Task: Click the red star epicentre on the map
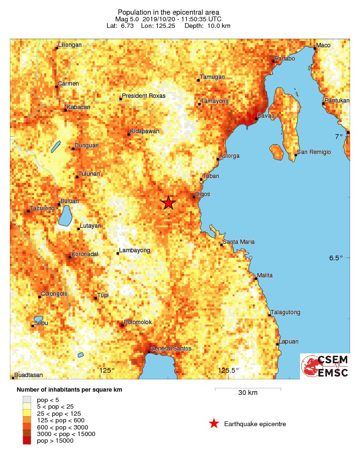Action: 168,203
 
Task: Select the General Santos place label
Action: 171,349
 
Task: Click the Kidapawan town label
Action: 145,131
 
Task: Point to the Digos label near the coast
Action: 202,194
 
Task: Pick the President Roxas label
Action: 144,96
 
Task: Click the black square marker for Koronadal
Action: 70,257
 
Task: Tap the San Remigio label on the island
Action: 314,152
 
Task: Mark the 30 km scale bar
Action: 248,389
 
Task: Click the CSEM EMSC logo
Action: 325,366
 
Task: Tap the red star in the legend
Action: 214,424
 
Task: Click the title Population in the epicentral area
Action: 168,12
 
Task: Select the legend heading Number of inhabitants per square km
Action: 69,390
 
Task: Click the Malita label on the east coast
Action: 265,275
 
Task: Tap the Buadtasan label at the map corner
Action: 28,375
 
